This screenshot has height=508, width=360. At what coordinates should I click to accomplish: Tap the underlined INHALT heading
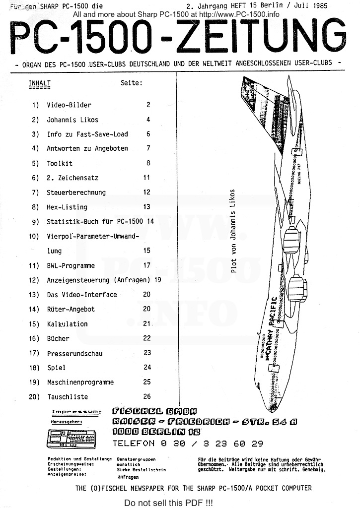click(40, 83)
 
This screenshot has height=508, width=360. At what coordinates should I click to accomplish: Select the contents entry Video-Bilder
click(69, 105)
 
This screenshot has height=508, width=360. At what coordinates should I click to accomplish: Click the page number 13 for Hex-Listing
click(146, 207)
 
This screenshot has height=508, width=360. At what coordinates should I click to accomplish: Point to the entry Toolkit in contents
click(60, 163)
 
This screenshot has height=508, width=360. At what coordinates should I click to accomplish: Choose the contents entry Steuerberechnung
click(76, 192)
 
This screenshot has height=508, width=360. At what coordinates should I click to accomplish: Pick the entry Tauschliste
click(67, 397)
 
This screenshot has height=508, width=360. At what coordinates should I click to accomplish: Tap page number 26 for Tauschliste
click(146, 397)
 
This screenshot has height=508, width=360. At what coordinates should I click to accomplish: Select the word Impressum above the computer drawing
click(76, 412)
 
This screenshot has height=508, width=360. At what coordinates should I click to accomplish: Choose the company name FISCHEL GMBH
click(154, 411)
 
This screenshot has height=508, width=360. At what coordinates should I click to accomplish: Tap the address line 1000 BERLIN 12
click(148, 432)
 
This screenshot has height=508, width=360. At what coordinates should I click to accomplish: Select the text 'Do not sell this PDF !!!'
click(168, 503)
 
